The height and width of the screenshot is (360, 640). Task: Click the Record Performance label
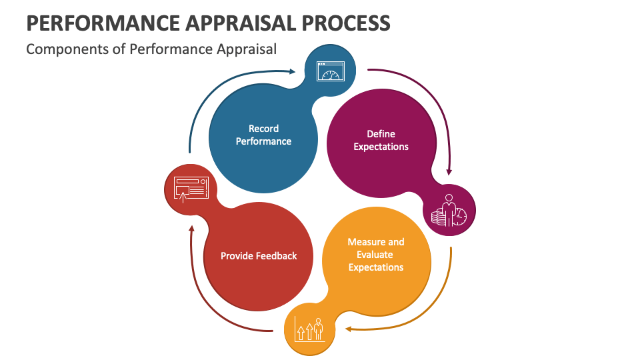coord(263,135)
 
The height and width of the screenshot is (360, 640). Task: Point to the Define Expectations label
coord(381,140)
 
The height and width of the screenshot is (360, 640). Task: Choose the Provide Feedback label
coord(259,255)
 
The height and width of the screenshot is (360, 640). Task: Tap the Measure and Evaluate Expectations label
coord(376,255)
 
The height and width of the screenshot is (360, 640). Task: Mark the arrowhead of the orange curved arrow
coord(348,328)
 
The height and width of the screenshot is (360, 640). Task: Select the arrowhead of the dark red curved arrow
coord(191,228)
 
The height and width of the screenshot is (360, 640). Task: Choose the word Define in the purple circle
coord(381,134)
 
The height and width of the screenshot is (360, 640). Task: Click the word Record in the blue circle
coord(263,129)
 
